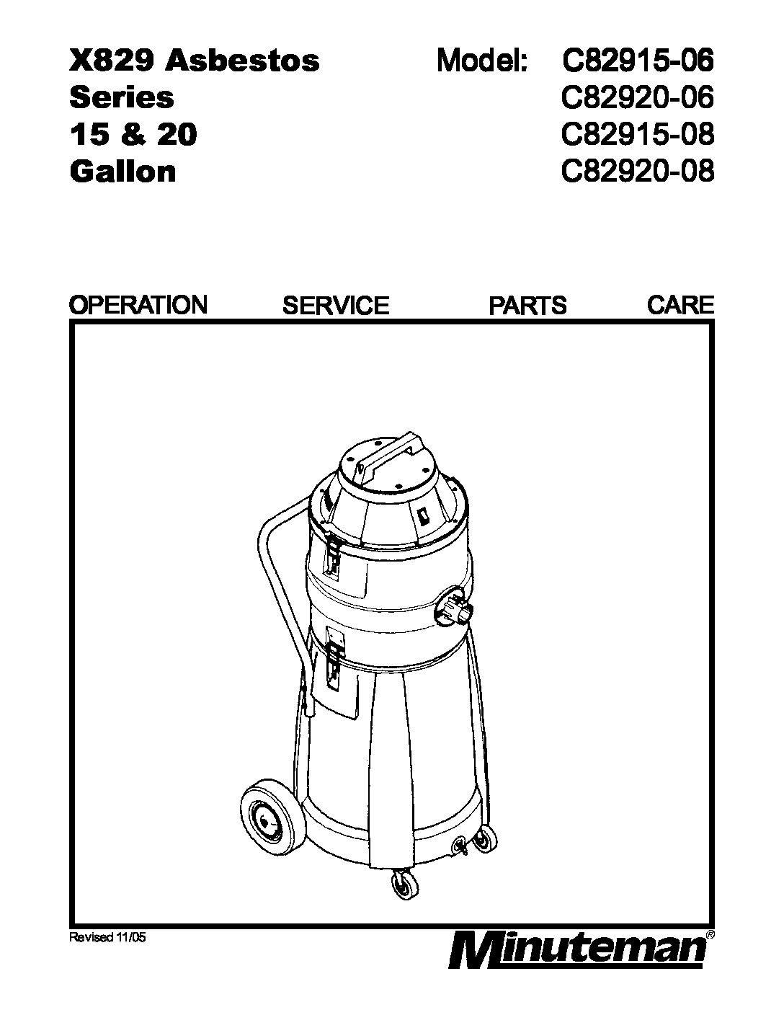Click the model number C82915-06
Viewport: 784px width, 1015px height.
tap(638, 61)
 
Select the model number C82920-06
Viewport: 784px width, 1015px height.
tap(638, 97)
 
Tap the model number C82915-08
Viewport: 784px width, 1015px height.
tap(638, 135)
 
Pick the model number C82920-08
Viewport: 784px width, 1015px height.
tap(638, 172)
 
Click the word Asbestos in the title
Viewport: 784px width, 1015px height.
tap(242, 61)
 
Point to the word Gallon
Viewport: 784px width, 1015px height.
tap(122, 172)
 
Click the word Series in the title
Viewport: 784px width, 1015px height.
tap(121, 97)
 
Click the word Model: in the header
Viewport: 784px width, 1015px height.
tap(482, 61)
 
